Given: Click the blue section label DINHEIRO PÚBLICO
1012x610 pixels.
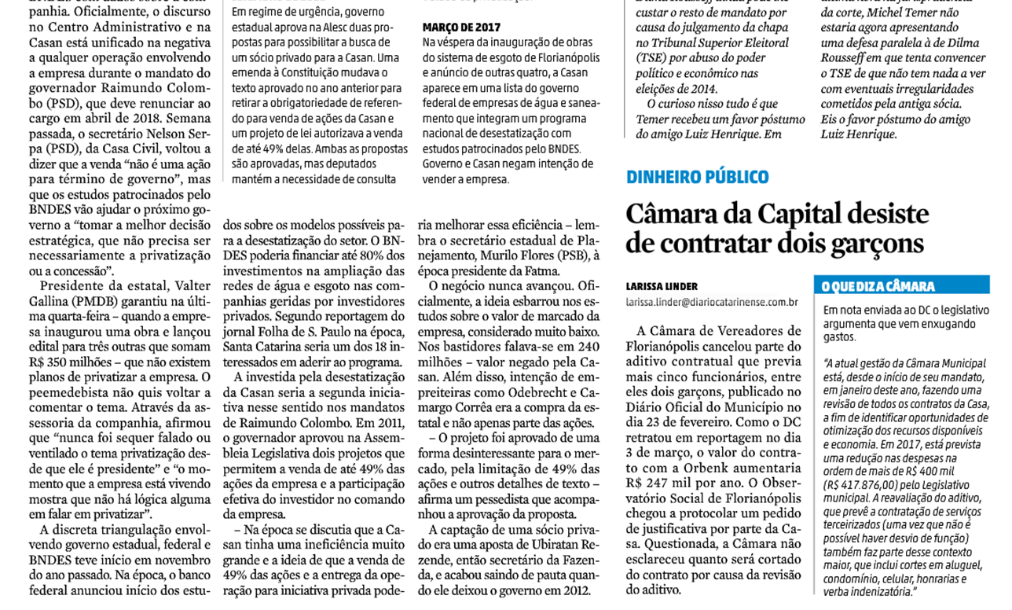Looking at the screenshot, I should (697, 177).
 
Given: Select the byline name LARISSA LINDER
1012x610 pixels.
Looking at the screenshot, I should (662, 287).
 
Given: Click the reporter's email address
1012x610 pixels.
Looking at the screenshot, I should (712, 302).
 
